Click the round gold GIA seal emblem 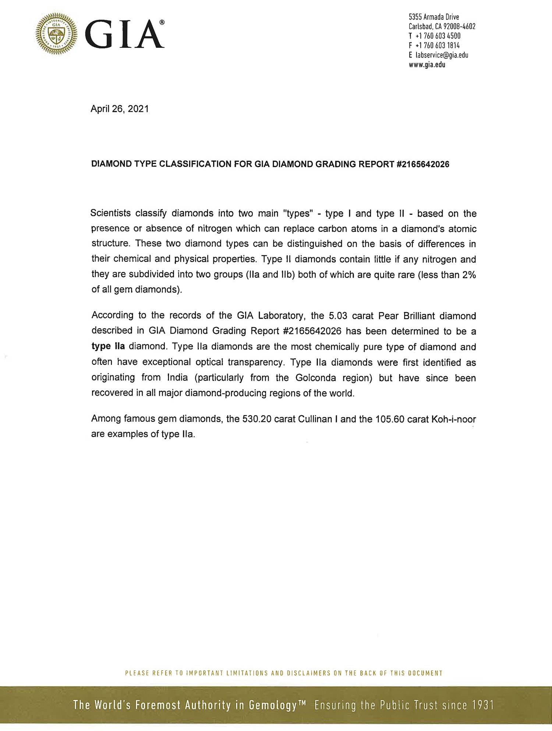point(56,34)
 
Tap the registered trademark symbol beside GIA point(162,23)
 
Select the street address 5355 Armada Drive point(434,17)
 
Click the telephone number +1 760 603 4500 point(438,36)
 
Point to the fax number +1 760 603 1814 point(438,46)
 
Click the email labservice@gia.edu point(442,55)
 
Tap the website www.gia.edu point(427,65)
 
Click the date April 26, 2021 point(120,109)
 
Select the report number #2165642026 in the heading point(423,164)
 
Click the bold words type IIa point(108,346)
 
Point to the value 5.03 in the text point(338,316)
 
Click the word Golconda point(315,378)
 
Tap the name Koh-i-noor point(453,419)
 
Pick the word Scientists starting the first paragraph point(110,213)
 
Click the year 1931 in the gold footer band point(482,705)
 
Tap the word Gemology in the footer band point(273,705)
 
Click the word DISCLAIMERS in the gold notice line point(308,673)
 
